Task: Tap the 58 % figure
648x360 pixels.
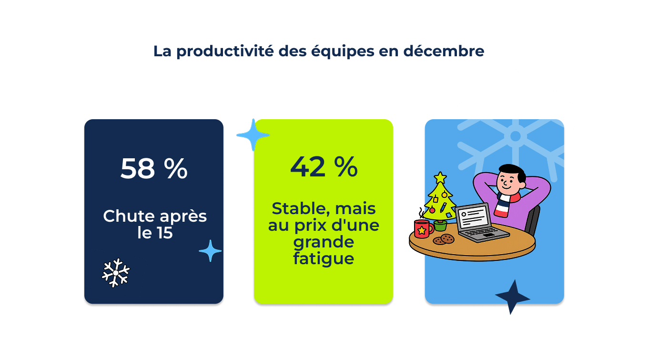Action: (x=154, y=168)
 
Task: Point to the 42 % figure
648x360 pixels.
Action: (x=324, y=166)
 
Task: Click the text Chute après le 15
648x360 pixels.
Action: (x=155, y=224)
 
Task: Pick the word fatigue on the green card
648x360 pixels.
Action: (x=324, y=259)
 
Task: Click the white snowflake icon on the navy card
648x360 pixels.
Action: (x=116, y=273)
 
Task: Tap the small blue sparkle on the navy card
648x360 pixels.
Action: (x=210, y=251)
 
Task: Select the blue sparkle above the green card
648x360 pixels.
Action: (x=253, y=135)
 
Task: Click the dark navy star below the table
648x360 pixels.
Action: (x=512, y=297)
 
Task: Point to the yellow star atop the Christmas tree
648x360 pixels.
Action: (x=440, y=178)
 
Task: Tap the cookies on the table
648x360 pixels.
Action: (x=443, y=239)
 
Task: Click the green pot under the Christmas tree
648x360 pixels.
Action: (x=440, y=226)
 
